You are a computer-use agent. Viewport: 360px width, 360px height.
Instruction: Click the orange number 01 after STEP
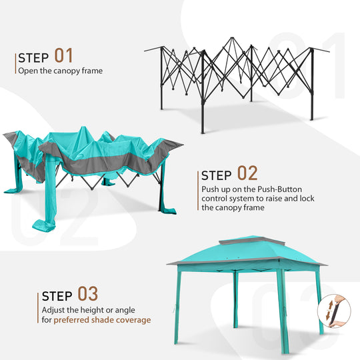point(63,55)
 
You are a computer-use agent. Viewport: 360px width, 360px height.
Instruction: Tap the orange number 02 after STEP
point(247,174)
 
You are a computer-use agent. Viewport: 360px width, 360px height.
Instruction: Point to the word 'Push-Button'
point(270,189)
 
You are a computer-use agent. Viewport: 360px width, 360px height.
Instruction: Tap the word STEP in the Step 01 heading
point(33,57)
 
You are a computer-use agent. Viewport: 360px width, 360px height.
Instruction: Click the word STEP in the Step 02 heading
point(217,176)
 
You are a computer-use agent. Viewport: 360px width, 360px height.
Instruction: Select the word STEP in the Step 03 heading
point(58,295)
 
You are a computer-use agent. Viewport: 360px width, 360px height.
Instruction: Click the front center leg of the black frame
point(203,100)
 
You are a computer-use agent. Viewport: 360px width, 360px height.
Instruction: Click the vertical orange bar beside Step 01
point(15,63)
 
